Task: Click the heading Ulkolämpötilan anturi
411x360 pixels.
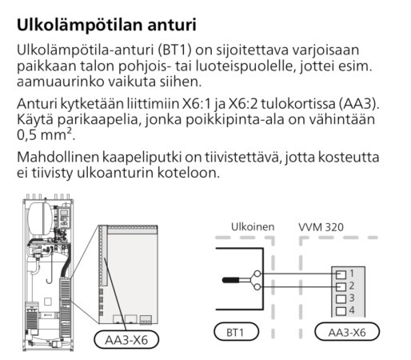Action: click(x=106, y=25)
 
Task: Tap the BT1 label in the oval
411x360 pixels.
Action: click(x=236, y=332)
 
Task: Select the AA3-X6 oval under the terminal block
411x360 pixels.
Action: click(x=347, y=332)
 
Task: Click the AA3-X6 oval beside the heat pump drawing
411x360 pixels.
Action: click(x=126, y=340)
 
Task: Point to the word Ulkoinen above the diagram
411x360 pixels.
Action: click(x=253, y=227)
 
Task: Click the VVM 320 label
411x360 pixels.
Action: click(x=321, y=227)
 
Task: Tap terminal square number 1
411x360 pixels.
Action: click(x=341, y=274)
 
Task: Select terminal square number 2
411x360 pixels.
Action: click(x=341, y=286)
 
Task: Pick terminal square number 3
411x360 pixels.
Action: click(x=341, y=299)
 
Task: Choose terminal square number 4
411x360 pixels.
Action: click(x=341, y=311)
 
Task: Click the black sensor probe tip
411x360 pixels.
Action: click(x=230, y=280)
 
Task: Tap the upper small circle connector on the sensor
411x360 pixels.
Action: click(x=257, y=274)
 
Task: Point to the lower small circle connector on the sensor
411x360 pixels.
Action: click(x=257, y=286)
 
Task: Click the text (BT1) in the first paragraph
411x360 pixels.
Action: click(x=174, y=50)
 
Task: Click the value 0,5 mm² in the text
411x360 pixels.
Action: click(x=45, y=134)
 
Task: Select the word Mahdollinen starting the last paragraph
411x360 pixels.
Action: click(x=58, y=157)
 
